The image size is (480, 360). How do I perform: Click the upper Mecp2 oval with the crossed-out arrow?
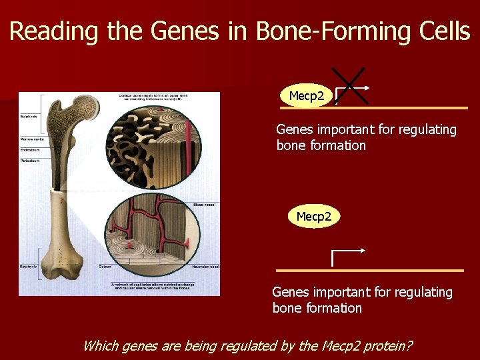[x=307, y=96]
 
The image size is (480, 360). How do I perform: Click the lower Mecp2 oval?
[x=313, y=217]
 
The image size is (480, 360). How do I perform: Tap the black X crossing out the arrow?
[x=349, y=85]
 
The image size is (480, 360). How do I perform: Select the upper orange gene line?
[x=400, y=107]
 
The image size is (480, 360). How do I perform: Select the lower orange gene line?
[x=370, y=271]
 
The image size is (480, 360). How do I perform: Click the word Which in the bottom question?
[x=99, y=345]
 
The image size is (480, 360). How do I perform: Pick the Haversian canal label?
[x=204, y=267]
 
